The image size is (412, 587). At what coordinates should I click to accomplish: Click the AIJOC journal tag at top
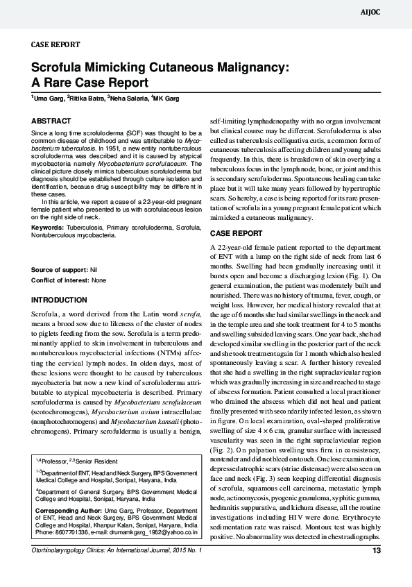[390, 12]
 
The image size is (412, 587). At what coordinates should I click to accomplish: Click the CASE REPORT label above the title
[56, 44]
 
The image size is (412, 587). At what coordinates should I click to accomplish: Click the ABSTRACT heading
[51, 121]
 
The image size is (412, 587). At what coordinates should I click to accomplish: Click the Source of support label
[60, 269]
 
